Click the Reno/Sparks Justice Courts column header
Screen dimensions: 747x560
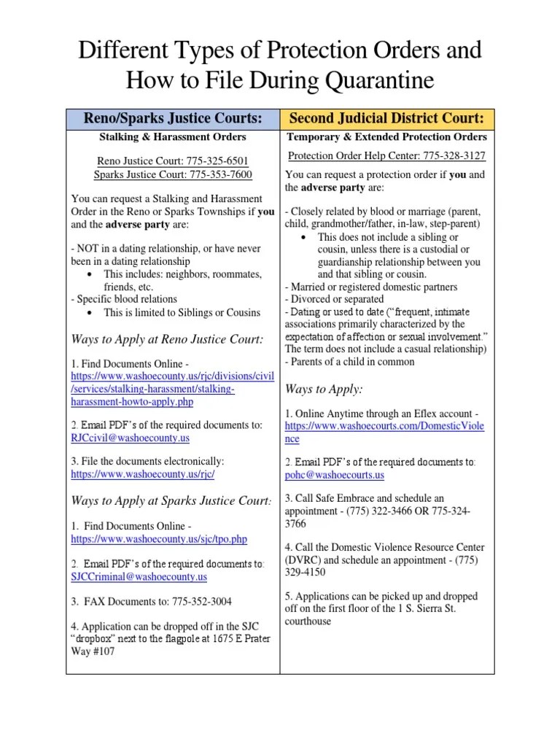173,118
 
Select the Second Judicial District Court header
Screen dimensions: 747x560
386,118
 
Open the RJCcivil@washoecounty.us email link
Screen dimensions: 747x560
130,438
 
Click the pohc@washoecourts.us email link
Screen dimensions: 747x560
334,475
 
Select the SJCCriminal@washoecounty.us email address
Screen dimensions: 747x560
139,576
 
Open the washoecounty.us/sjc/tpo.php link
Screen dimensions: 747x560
159,539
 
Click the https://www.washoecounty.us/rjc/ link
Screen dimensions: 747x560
143,473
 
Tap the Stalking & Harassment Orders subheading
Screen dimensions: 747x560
173,136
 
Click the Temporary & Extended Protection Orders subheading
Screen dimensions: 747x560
386,136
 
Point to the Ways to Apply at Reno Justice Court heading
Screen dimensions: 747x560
166,339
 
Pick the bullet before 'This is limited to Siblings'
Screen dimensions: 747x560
89,313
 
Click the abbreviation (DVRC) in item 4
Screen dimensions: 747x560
303,560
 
